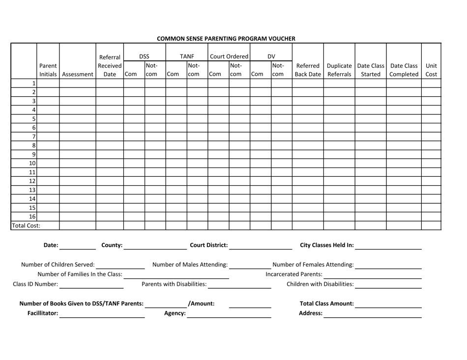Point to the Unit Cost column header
[x=431, y=70]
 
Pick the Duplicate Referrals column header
[x=339, y=70]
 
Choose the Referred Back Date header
[x=308, y=70]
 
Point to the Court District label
[x=208, y=245]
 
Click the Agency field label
[x=175, y=313]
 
